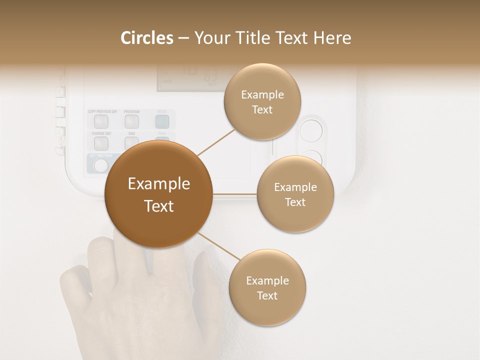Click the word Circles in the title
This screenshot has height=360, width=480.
click(x=147, y=37)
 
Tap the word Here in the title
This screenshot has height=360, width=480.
click(x=333, y=37)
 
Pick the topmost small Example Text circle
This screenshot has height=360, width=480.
click(x=262, y=101)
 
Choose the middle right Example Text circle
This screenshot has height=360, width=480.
click(x=295, y=194)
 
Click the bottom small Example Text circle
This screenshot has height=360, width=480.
click(x=267, y=288)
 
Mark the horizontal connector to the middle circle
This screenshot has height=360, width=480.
click(x=234, y=193)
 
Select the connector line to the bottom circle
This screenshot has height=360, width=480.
click(x=218, y=246)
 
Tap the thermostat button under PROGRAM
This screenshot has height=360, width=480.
click(x=131, y=120)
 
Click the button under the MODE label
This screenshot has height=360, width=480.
click(x=161, y=120)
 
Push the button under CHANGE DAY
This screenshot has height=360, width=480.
click(x=101, y=143)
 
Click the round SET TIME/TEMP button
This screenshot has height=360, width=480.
click(x=101, y=165)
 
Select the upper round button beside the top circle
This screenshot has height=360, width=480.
click(x=311, y=130)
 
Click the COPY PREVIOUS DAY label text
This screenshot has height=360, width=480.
click(x=102, y=111)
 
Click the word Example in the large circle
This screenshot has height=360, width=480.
click(x=158, y=184)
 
